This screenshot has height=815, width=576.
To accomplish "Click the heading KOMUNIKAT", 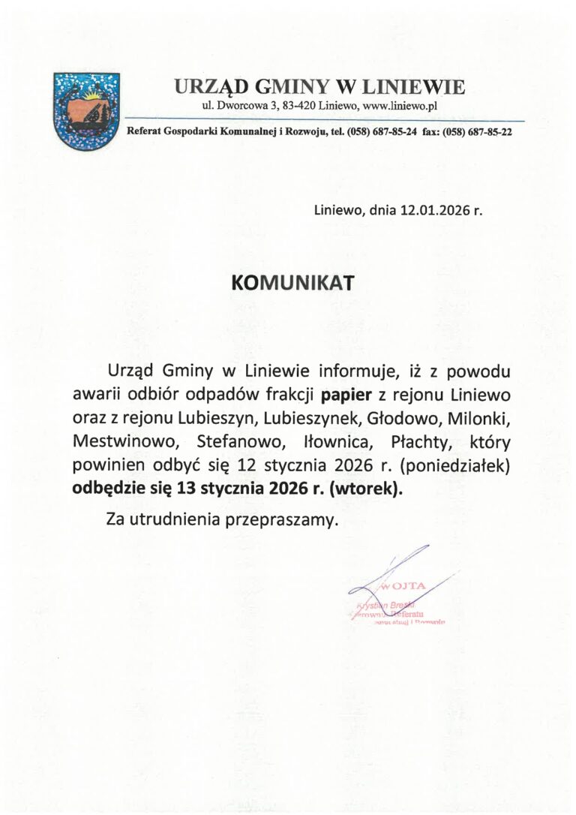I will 292,283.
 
